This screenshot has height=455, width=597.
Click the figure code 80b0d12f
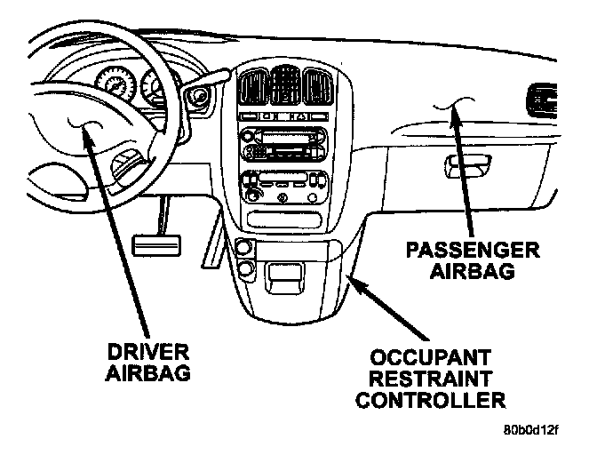coord(530,431)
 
